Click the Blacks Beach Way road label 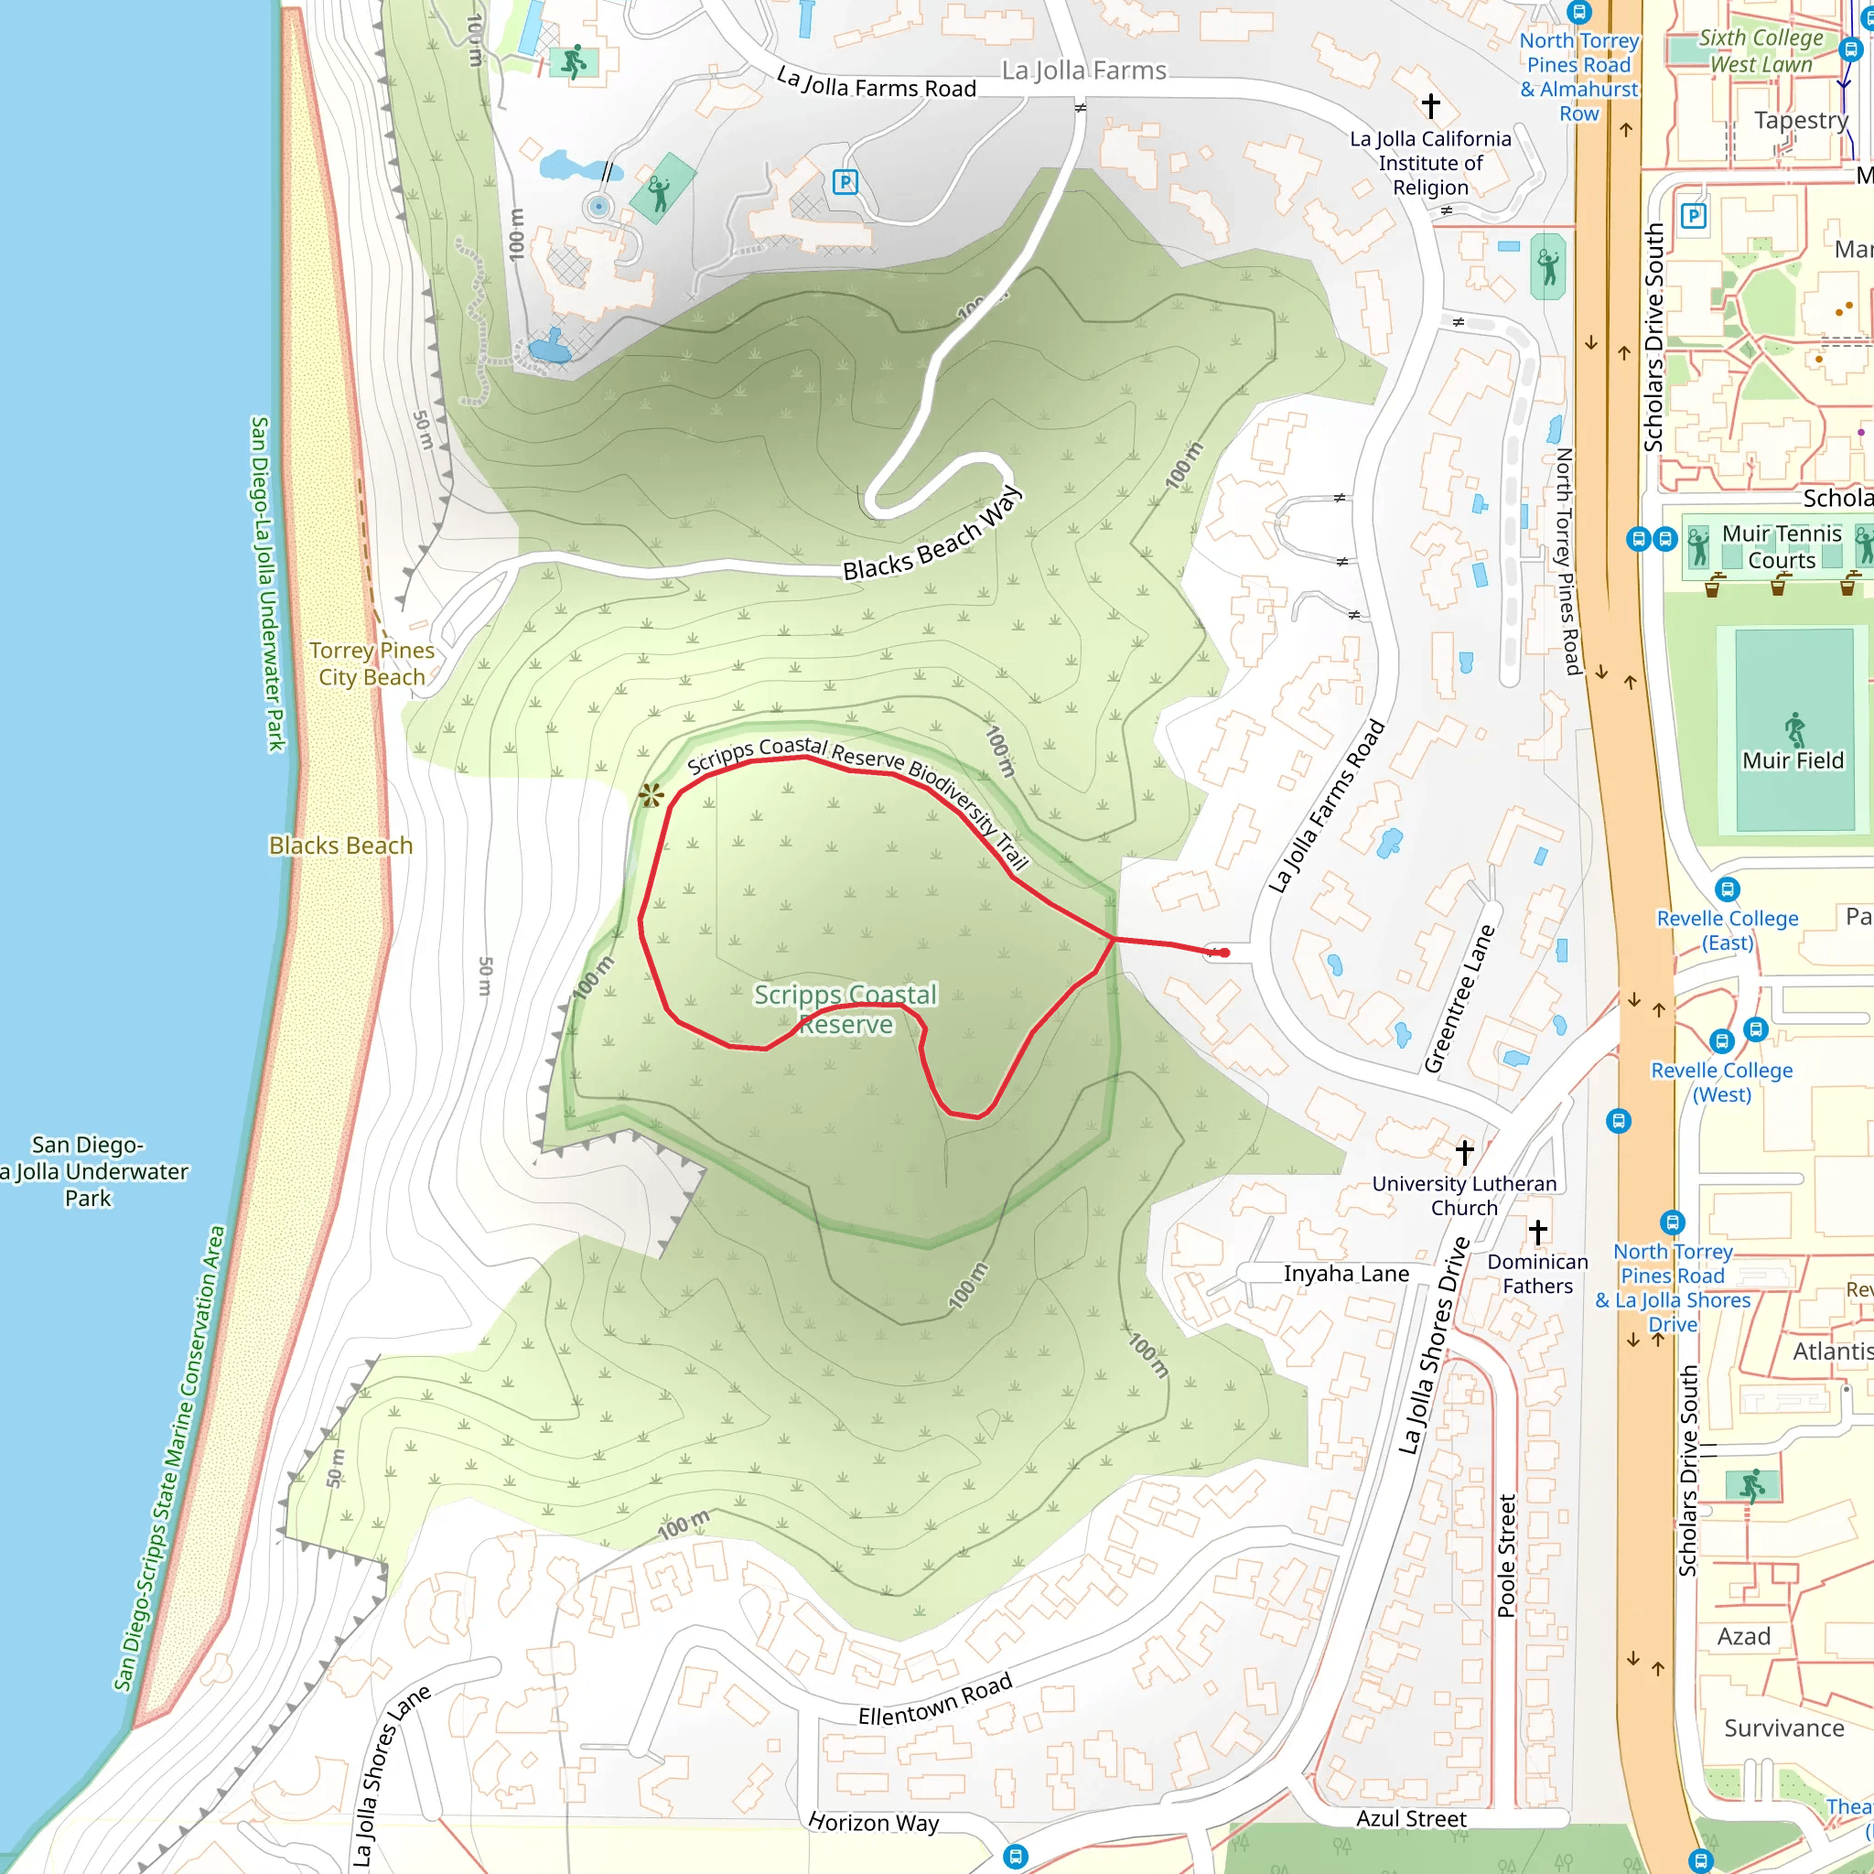(932, 534)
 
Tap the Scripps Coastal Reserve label (845, 1008)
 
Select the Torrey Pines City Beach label (372, 663)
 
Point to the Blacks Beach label (340, 845)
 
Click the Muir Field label (1793, 760)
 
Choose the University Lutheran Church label (1464, 1195)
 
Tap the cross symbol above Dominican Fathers (1537, 1232)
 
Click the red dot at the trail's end (1225, 953)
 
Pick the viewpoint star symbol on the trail (651, 795)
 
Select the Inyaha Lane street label (1345, 1274)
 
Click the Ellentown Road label (935, 1699)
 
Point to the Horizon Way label (873, 1823)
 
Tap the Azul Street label (1410, 1819)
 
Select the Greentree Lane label (1459, 999)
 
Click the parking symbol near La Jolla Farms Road (845, 181)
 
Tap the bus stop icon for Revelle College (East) (1727, 889)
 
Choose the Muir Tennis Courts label (1781, 546)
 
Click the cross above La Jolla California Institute (1431, 104)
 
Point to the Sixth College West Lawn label (1761, 50)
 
